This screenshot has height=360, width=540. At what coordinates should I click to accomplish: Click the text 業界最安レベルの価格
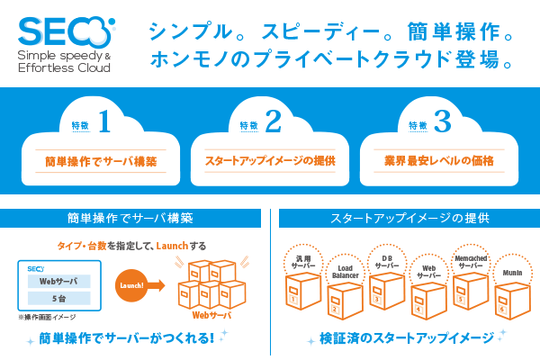(x=439, y=162)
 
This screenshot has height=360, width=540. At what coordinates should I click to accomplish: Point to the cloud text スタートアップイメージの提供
(x=271, y=162)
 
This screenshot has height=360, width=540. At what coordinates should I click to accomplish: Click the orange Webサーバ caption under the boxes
(x=213, y=316)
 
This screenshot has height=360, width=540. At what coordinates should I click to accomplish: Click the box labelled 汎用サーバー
(x=302, y=286)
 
